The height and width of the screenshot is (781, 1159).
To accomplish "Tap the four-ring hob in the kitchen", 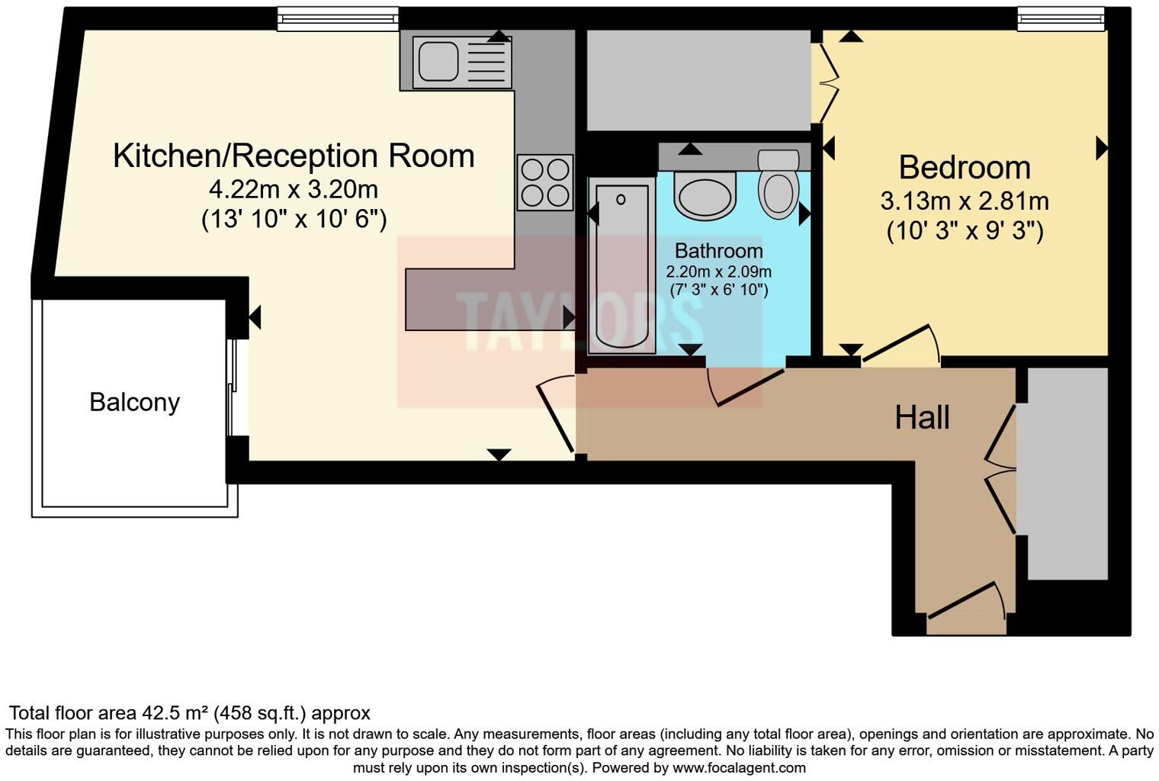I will click(x=545, y=182).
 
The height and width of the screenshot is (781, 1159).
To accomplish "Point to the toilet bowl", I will click(x=779, y=192).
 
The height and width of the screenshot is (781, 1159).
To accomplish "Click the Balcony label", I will click(x=134, y=402).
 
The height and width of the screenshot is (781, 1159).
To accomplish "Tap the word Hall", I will click(x=922, y=418).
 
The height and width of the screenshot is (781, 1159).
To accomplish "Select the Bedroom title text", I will click(x=965, y=167).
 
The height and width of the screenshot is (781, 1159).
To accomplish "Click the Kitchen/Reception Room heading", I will click(x=294, y=156).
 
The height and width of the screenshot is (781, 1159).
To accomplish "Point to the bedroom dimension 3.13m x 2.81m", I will click(x=965, y=201).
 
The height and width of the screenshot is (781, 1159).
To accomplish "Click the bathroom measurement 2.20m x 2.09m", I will click(x=718, y=272).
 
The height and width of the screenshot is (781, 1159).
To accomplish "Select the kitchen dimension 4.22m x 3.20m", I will click(x=294, y=188).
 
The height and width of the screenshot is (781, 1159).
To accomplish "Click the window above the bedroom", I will click(x=1061, y=19).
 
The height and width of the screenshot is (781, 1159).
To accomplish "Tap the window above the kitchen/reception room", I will click(x=337, y=19).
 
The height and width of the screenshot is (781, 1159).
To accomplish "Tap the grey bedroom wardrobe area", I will click(x=698, y=80).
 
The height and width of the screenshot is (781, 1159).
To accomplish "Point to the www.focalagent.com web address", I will click(x=739, y=767).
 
